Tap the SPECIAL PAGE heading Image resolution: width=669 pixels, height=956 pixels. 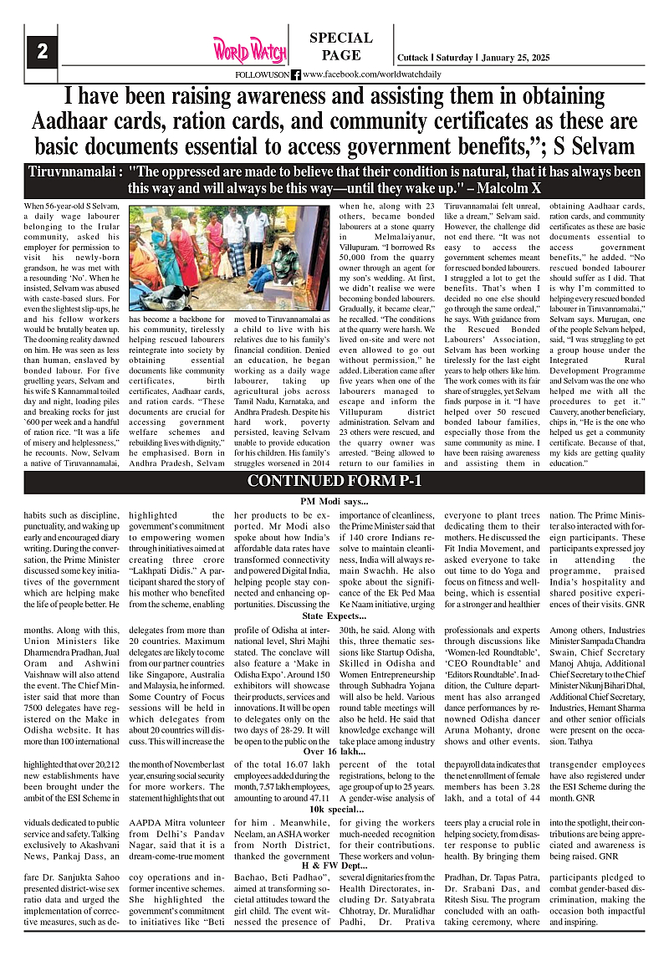340,47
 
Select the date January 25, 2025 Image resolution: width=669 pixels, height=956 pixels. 520,58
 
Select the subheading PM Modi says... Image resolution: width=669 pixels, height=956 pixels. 334,500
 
